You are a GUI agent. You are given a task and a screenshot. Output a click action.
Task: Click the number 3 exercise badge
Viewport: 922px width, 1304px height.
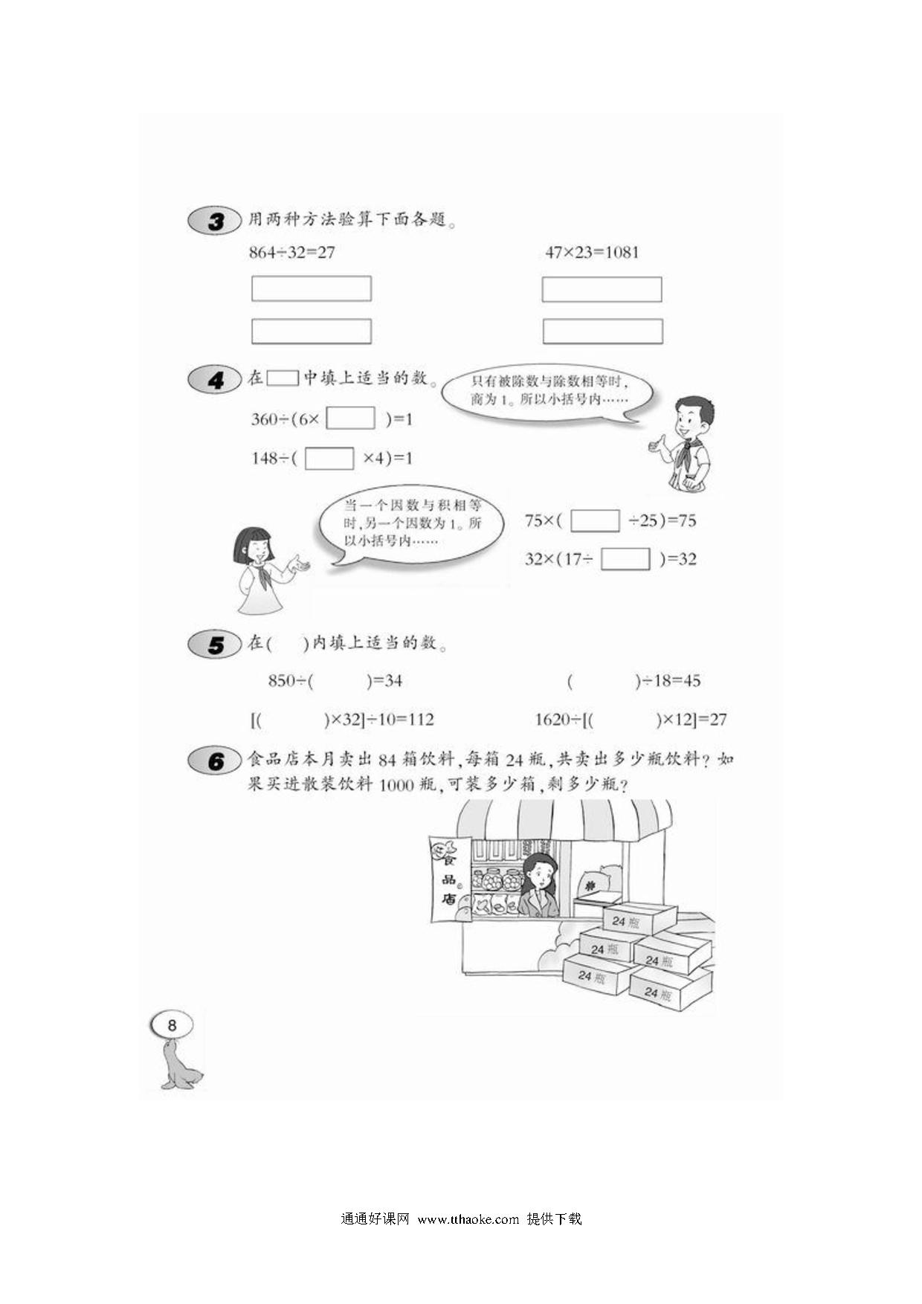pyautogui.click(x=215, y=221)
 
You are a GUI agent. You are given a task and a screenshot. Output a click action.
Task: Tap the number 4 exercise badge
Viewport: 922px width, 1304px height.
pyautogui.click(x=215, y=380)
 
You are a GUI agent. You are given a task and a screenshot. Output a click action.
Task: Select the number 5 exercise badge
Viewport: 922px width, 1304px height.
pyautogui.click(x=215, y=644)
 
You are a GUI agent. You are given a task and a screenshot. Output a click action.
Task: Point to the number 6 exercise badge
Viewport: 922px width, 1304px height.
pyautogui.click(x=215, y=761)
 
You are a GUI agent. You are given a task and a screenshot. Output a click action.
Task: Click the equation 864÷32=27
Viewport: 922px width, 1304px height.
pyautogui.click(x=292, y=253)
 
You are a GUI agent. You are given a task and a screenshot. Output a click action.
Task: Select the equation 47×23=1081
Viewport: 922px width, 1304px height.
pyautogui.click(x=592, y=253)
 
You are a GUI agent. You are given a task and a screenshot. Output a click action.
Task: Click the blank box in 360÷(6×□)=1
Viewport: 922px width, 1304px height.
pyautogui.click(x=351, y=419)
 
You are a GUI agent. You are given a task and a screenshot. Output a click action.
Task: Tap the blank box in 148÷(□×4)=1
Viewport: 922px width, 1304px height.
pyautogui.click(x=329, y=458)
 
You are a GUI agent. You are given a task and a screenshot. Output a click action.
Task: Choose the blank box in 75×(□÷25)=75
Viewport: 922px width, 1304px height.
pyautogui.click(x=595, y=520)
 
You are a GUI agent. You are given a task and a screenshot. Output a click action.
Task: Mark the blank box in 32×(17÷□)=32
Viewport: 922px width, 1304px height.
pyautogui.click(x=625, y=559)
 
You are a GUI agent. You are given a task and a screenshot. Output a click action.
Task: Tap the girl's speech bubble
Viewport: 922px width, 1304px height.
pyautogui.click(x=408, y=525)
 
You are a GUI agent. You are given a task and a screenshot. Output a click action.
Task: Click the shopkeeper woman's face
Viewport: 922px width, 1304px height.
pyautogui.click(x=538, y=874)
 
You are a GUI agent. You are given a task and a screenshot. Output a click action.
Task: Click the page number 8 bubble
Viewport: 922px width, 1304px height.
pyautogui.click(x=173, y=1026)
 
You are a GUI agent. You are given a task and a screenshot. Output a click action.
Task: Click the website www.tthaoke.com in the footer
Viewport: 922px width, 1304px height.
pyautogui.click(x=468, y=1219)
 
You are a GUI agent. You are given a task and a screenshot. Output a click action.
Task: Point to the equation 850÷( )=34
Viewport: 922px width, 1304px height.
pyautogui.click(x=335, y=680)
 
